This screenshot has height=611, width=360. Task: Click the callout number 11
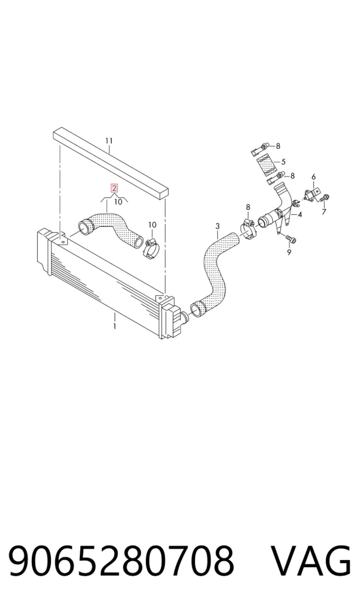pyautogui.click(x=109, y=140)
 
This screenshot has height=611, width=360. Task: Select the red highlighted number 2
pyautogui.click(x=114, y=188)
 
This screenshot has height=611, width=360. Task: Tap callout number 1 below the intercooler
pyautogui.click(x=115, y=326)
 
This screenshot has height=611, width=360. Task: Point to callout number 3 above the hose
pyautogui.click(x=217, y=226)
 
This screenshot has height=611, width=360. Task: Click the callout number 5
pyautogui.click(x=283, y=161)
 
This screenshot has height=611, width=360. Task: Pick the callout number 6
pyautogui.click(x=314, y=177)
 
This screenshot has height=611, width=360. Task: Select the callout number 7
pyautogui.click(x=324, y=212)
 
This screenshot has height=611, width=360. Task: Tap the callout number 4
pyautogui.click(x=299, y=214)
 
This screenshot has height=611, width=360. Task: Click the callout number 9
pyautogui.click(x=289, y=252)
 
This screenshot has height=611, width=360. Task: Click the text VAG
pyautogui.click(x=311, y=561)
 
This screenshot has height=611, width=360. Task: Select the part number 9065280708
pyautogui.click(x=121, y=561)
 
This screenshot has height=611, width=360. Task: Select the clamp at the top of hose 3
pyautogui.click(x=247, y=229)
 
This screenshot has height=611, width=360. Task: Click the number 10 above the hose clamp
pyautogui.click(x=152, y=225)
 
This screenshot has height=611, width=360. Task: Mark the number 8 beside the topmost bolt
pyautogui.click(x=278, y=146)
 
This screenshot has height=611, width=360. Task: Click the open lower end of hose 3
pyautogui.click(x=197, y=309)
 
